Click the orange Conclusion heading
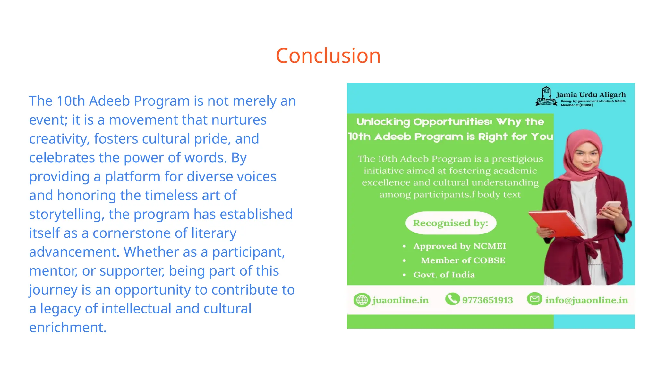[x=328, y=56]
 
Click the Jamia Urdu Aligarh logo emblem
[x=546, y=96]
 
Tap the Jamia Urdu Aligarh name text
[x=591, y=95]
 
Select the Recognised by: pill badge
[x=450, y=223]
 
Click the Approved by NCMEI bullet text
[x=459, y=246]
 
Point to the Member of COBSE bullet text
[x=463, y=260]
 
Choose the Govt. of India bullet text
[x=444, y=275]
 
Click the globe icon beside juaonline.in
[x=362, y=300]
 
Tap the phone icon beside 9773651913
[x=452, y=299]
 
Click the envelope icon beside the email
[x=534, y=299]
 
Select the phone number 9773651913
[x=487, y=300]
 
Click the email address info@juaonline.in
[x=586, y=300]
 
